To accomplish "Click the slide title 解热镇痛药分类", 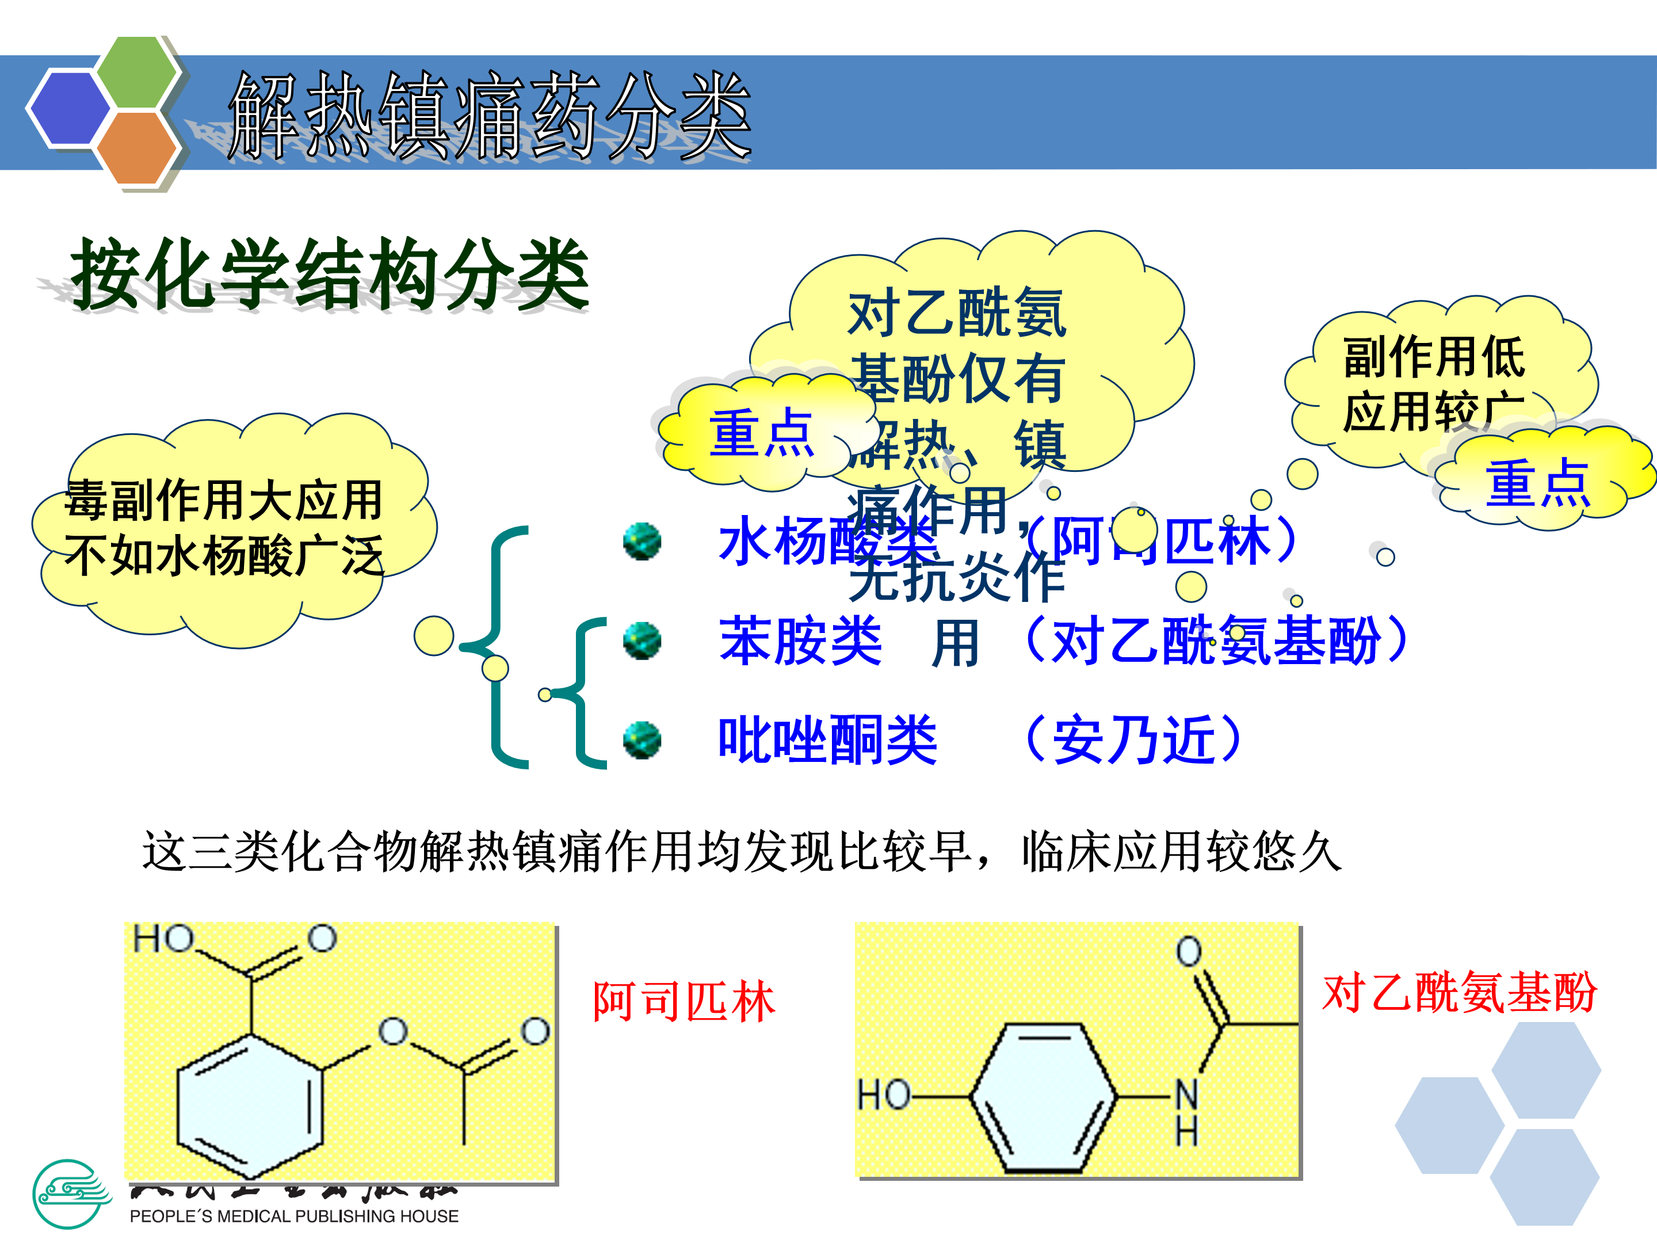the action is point(491,116).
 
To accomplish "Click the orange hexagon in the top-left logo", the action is point(137,147).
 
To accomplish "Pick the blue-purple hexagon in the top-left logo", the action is point(69,108).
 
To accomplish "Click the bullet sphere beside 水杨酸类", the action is point(642,541).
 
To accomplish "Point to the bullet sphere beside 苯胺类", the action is point(642,640).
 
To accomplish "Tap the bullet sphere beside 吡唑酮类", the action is point(642,740).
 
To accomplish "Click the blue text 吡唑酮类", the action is point(828,740).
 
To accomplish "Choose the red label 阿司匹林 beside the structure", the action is point(683,1002).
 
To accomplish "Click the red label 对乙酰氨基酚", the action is point(1459,993).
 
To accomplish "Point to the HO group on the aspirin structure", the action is point(163,939).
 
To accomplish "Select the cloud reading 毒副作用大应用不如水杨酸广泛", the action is point(225,528).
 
